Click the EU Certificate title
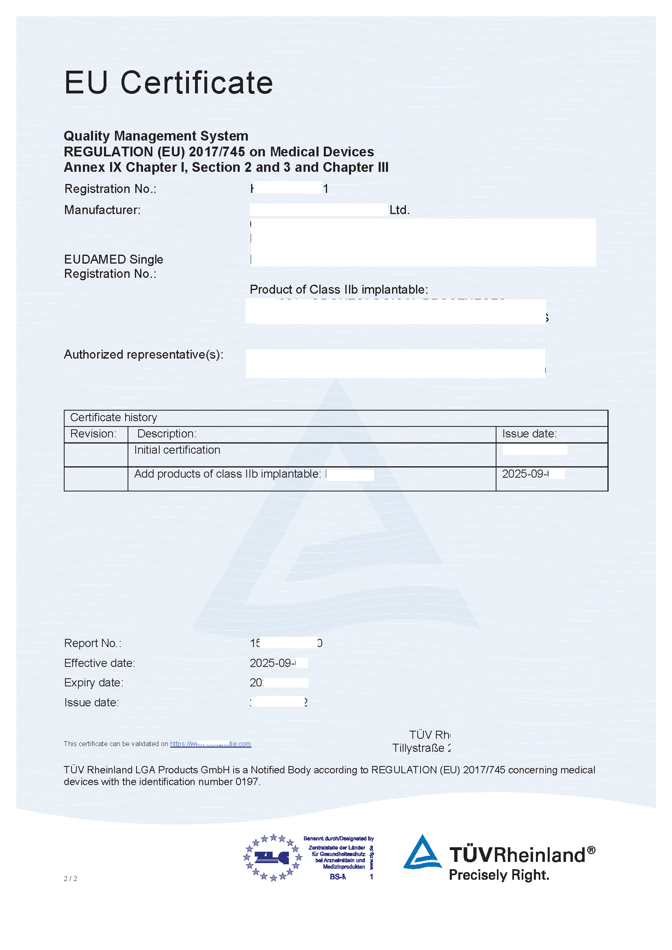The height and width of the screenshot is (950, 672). tap(169, 83)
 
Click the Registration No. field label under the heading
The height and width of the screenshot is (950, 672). tap(110, 189)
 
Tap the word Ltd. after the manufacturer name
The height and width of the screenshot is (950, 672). tap(399, 210)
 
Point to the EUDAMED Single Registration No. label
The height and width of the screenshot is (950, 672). tap(113, 266)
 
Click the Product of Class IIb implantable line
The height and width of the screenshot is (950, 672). tap(338, 289)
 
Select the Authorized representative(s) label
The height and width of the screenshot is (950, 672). tap(143, 355)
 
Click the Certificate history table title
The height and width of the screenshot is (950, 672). tap(113, 417)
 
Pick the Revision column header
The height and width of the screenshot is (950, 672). tap(93, 434)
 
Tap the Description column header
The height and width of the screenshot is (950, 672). tap(167, 434)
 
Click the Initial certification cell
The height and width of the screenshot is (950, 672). tap(177, 450)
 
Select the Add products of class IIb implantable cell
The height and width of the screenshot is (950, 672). tap(228, 474)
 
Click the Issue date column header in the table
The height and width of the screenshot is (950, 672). tap(529, 434)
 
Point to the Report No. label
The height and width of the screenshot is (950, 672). tap(93, 643)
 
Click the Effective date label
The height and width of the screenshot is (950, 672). tap(99, 663)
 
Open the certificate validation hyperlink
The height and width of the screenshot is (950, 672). tap(210, 744)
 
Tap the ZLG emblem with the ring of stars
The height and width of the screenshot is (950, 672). tap(273, 858)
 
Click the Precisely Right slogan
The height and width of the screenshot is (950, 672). tap(499, 875)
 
